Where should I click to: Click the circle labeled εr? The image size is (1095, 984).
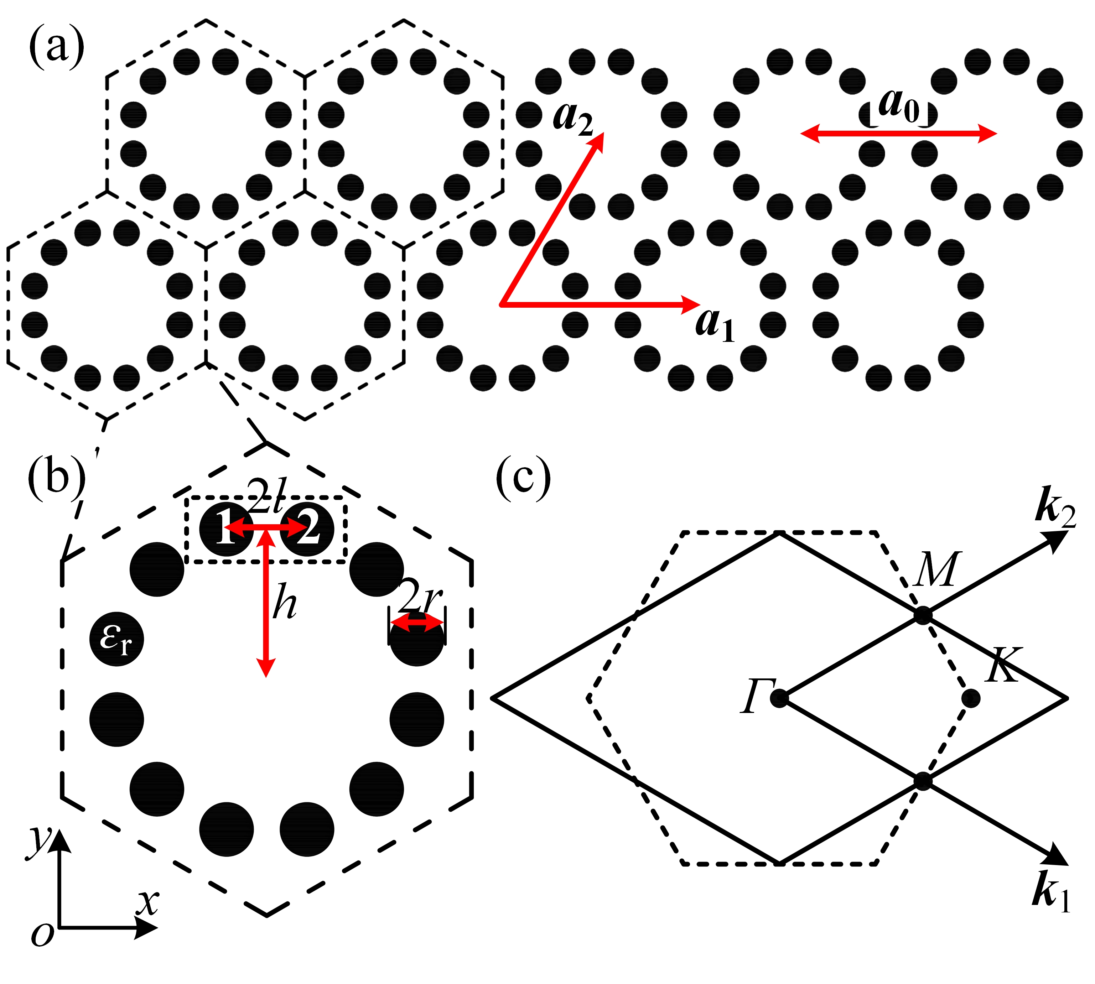(116, 639)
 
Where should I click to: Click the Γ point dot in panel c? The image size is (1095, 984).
(779, 698)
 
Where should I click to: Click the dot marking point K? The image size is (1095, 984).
(971, 698)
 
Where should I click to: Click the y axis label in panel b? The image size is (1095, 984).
(41, 840)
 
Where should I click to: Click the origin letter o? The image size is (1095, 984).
(42, 934)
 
